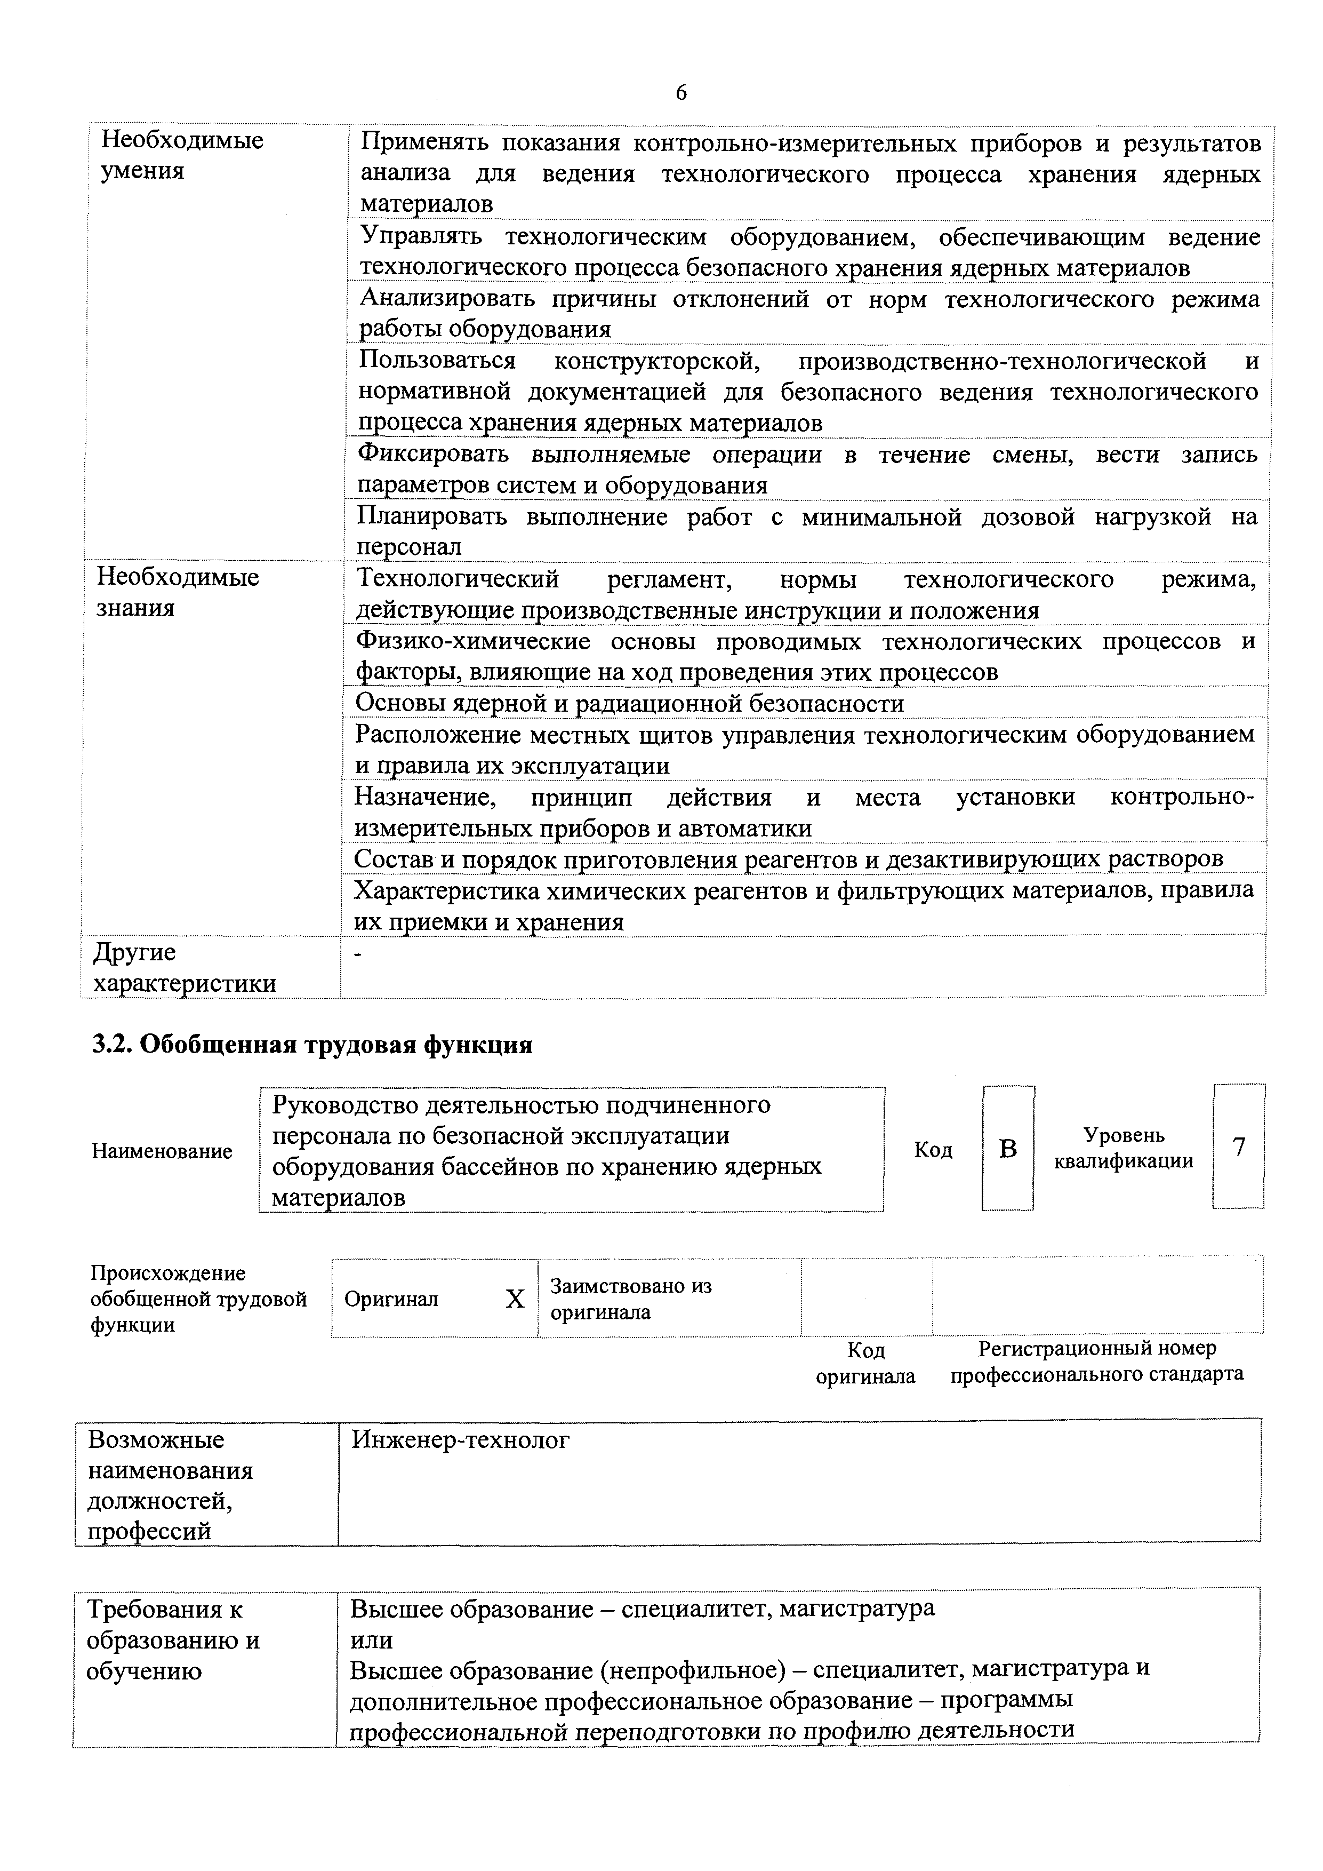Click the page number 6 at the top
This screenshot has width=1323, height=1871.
click(681, 93)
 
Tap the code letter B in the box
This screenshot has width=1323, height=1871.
click(1008, 1148)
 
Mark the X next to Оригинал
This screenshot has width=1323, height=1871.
click(515, 1299)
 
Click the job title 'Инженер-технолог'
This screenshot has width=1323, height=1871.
click(460, 1440)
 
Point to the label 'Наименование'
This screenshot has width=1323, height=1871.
click(162, 1151)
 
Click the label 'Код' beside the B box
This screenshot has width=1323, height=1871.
click(933, 1149)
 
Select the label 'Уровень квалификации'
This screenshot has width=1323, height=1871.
click(1124, 1148)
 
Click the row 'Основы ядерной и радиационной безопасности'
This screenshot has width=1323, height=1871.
click(629, 703)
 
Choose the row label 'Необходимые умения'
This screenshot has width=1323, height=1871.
click(182, 155)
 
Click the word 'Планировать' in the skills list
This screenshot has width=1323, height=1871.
click(432, 516)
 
